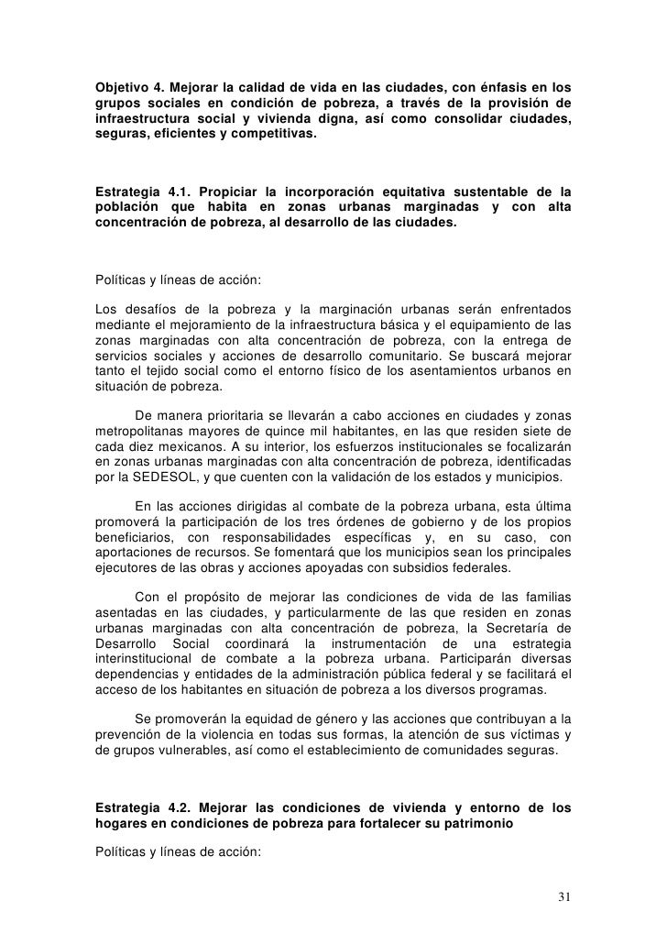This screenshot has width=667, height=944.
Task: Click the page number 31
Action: click(x=564, y=895)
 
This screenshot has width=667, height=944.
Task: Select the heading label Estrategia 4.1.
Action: click(x=139, y=191)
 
